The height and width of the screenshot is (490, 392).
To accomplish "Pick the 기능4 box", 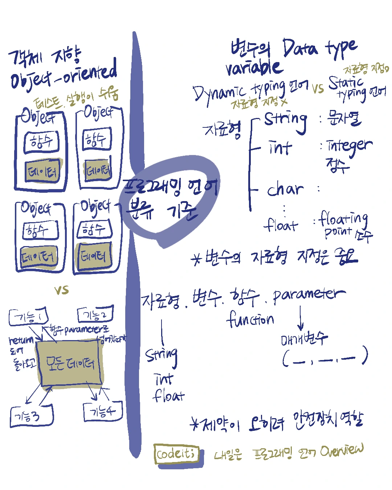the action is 103,411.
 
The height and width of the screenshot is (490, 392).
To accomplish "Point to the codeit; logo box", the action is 176,453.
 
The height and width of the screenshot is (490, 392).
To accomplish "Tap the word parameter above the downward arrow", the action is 309,295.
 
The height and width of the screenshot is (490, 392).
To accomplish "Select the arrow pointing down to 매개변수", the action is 300,318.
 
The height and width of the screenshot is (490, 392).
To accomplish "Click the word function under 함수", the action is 250,319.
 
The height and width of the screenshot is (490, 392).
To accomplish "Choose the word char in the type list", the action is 285,189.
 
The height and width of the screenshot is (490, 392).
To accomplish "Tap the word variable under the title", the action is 253,67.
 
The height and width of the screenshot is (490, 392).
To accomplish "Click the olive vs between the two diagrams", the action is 62,290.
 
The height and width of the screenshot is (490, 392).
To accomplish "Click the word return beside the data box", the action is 21,340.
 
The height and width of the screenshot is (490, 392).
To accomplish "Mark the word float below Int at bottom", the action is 168,396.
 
